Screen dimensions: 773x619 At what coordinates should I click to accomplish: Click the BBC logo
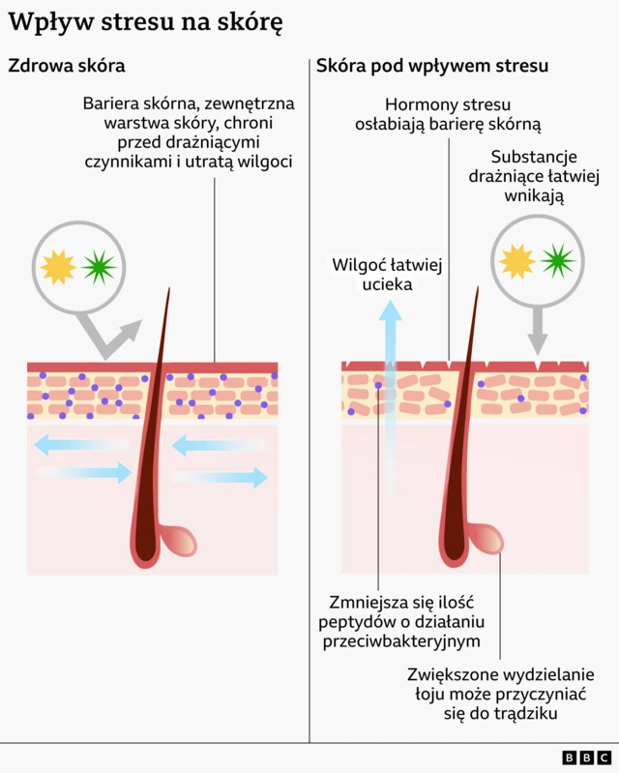coord(586,758)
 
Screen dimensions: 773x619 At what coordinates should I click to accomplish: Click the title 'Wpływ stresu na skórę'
coord(146,24)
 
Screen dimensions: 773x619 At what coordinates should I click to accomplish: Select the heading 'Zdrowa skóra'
coord(67,66)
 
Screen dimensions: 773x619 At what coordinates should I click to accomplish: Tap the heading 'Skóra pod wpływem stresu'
coord(432,66)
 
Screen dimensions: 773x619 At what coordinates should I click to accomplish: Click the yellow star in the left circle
coord(59,267)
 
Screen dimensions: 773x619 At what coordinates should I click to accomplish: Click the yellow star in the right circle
coord(516,261)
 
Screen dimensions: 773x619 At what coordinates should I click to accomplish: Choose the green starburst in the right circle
coord(557,260)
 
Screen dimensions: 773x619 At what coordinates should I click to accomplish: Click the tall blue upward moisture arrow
coord(390,387)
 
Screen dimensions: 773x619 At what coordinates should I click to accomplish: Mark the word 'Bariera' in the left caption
coord(110,103)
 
